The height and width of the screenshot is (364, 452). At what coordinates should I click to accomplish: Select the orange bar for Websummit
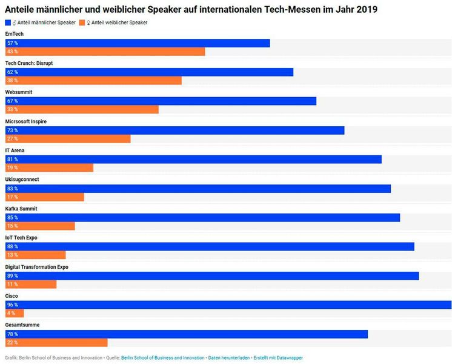coord(82,110)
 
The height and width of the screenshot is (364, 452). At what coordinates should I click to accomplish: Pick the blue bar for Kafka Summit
coord(202,217)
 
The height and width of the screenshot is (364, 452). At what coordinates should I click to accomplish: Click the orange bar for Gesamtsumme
coord(56,343)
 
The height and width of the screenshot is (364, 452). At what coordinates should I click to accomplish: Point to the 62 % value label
coord(13,72)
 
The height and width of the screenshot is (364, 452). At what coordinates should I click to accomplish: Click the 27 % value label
coord(13,139)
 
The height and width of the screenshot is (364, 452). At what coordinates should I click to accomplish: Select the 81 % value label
coord(13,160)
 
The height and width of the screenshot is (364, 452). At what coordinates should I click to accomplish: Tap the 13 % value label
coord(13,255)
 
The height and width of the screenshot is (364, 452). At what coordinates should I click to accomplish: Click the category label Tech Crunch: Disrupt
coord(29,63)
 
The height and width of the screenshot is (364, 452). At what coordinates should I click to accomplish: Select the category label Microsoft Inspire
coord(26,121)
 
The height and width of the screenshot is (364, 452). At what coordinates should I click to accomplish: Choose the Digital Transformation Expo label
coord(37,267)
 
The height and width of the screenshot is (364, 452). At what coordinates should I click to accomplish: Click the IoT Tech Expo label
coord(21,238)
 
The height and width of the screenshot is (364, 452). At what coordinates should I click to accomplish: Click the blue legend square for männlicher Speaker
coord(8,22)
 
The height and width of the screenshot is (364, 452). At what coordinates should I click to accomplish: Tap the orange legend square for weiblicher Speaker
coord(82,22)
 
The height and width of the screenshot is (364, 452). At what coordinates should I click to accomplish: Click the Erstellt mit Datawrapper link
coord(278,358)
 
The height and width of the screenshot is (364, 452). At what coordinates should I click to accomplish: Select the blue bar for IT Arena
coord(193,160)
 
